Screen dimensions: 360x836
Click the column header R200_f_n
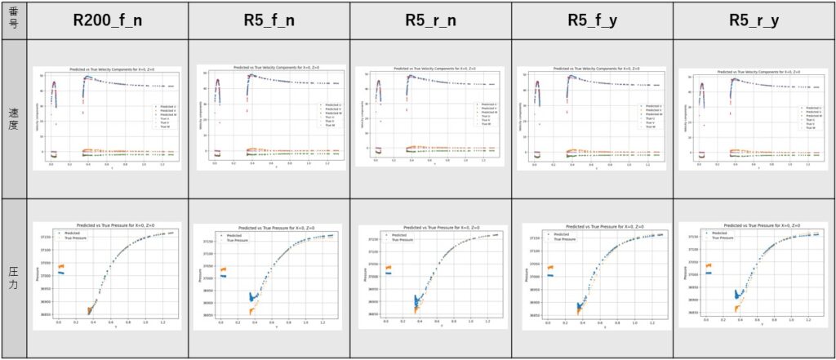(109, 20)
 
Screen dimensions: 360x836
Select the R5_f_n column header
(269, 20)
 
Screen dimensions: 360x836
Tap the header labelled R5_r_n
(430, 20)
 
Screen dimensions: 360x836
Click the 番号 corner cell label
(14, 20)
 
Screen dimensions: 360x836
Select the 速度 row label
(14, 119)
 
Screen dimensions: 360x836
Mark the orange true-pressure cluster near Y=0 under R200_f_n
(60, 266)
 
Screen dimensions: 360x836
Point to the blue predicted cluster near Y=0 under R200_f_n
(60, 273)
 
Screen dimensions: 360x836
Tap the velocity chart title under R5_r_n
(432, 68)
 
